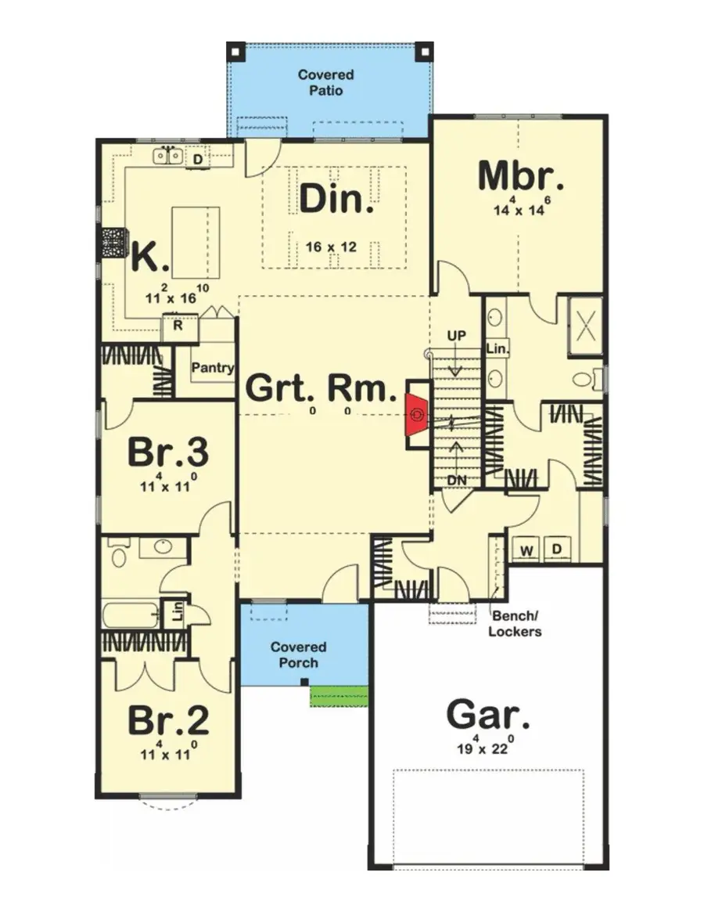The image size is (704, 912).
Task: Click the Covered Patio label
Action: [325, 82]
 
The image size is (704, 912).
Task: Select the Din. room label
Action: [336, 200]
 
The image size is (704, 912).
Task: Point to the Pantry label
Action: [214, 367]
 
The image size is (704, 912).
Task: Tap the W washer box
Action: [526, 550]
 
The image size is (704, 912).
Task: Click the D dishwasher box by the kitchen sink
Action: [199, 160]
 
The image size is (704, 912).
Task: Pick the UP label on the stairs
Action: [456, 336]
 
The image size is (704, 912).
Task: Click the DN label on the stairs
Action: [457, 479]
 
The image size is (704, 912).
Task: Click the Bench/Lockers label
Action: [515, 624]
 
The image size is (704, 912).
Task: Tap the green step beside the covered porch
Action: [339, 695]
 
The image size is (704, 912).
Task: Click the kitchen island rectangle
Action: [195, 240]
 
